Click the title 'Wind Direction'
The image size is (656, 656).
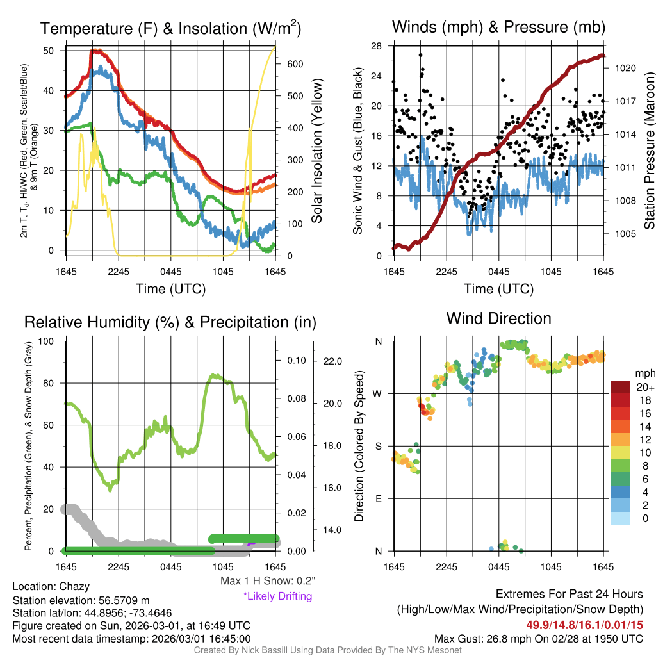(x=498, y=318)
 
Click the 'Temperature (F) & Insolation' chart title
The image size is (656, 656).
(x=170, y=28)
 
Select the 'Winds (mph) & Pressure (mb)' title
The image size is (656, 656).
(x=498, y=27)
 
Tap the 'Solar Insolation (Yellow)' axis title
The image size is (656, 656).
(x=316, y=151)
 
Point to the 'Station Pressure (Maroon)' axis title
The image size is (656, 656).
(x=649, y=151)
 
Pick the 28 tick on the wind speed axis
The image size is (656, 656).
(x=376, y=45)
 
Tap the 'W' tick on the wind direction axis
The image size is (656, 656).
(x=378, y=393)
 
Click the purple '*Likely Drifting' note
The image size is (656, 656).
(x=277, y=596)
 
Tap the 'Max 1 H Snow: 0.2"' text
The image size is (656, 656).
(x=267, y=580)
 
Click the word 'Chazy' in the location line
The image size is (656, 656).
(x=74, y=586)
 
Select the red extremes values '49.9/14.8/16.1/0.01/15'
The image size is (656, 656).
(x=585, y=625)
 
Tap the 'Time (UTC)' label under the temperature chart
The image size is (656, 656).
(x=170, y=289)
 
